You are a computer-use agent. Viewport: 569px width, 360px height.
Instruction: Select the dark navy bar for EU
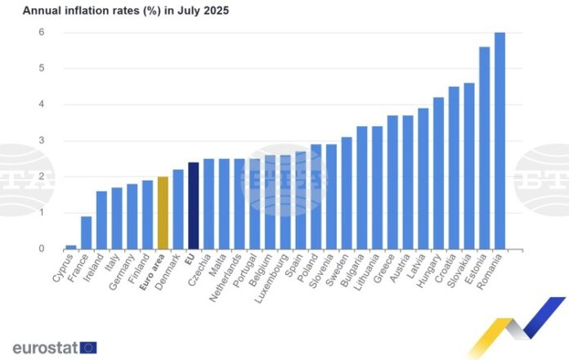[194, 205]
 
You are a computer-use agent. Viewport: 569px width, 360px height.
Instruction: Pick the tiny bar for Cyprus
[71, 246]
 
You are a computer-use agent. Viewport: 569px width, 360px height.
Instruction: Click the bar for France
[86, 232]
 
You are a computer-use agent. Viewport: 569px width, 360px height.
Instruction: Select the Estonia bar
[484, 147]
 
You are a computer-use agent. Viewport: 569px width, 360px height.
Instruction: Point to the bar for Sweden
[347, 192]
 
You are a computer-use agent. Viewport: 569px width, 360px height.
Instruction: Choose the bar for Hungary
[438, 173]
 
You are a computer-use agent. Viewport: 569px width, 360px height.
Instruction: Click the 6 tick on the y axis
[40, 33]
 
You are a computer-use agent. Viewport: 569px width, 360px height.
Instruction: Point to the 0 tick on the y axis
[40, 249]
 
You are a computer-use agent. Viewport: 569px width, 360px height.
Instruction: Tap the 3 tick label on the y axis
[40, 141]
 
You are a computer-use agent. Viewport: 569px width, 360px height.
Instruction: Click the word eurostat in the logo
[45, 348]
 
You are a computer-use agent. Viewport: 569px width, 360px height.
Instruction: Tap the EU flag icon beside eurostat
[88, 348]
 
